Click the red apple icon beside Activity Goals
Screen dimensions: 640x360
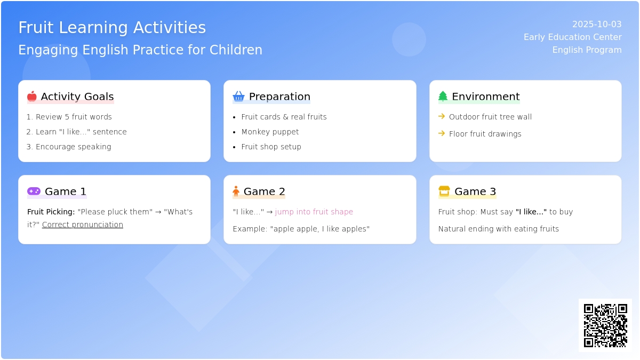[x=31, y=97]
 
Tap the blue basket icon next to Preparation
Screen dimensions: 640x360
[x=238, y=97]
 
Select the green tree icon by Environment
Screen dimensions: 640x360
[x=443, y=97]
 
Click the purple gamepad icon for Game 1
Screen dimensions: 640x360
[x=34, y=191]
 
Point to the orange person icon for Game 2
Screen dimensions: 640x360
[x=236, y=191]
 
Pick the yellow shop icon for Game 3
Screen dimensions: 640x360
[x=444, y=191]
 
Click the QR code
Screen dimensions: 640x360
[x=605, y=325]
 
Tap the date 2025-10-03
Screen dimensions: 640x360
[x=597, y=25]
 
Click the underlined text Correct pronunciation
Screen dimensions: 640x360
[x=83, y=225]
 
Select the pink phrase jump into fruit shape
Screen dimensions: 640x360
[x=314, y=212]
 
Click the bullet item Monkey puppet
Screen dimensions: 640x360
[x=270, y=132]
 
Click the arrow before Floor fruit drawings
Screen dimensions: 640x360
[x=442, y=133]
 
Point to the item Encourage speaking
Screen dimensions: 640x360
[x=74, y=147]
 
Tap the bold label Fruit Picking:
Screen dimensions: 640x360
[x=51, y=212]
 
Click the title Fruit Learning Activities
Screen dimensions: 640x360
[x=112, y=27]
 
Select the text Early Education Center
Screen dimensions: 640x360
[x=573, y=37]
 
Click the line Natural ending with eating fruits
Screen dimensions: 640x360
[x=499, y=229]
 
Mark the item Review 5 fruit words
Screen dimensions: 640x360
[x=74, y=117]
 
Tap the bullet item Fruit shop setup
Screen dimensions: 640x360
[x=271, y=147]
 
